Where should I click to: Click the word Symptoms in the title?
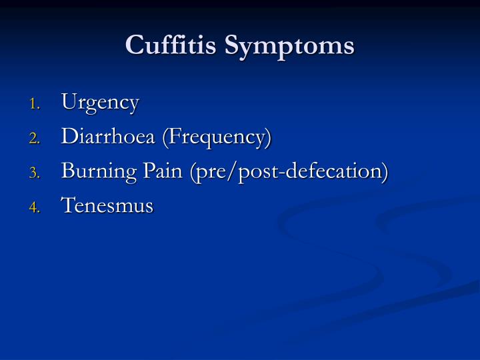287,46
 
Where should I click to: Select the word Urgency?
100,103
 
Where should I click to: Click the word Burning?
91,172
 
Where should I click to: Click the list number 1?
34,104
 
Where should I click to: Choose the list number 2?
34,139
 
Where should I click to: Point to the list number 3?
34,173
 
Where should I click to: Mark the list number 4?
34,207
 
